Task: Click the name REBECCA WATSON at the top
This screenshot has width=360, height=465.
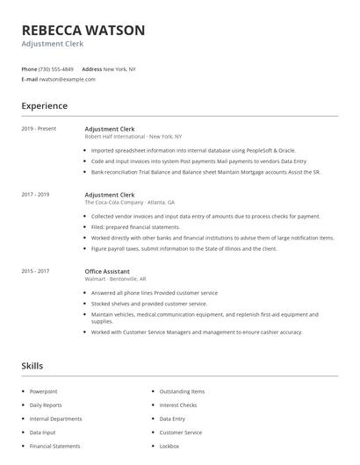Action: point(83,30)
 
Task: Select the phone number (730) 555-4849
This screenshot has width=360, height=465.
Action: point(56,68)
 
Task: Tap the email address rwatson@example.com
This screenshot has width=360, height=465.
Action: point(67,79)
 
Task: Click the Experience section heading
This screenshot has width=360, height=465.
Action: point(44,106)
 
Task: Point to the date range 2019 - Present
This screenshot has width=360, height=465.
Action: point(39,129)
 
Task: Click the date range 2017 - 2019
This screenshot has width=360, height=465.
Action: point(35,194)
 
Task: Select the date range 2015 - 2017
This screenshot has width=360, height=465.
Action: point(35,272)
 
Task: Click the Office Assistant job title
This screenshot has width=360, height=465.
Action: point(109,272)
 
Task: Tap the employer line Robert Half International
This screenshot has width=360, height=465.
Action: point(133,137)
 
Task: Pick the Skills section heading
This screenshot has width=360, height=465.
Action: point(32,365)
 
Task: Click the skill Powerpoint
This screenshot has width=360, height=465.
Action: point(43,391)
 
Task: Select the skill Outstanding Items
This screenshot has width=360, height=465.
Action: point(182,391)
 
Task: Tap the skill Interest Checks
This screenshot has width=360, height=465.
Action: point(178,405)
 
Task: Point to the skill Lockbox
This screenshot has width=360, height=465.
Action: point(169,447)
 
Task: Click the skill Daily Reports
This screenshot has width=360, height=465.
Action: point(46,405)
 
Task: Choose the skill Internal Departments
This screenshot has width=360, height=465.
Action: point(55,419)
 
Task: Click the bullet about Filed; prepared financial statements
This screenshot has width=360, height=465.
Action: point(136,226)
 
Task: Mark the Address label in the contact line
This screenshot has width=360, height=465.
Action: point(91,68)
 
